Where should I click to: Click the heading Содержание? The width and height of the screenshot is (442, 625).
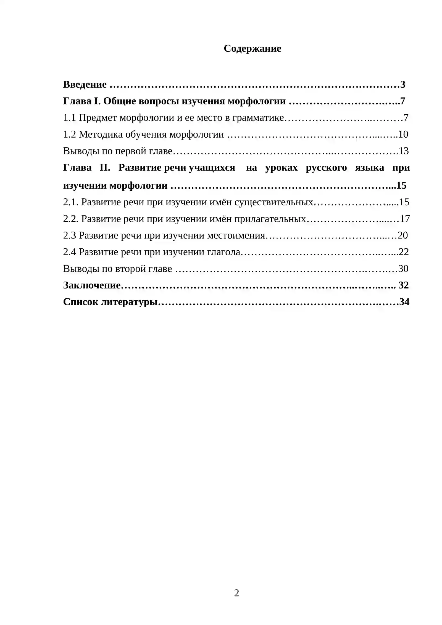pos(252,49)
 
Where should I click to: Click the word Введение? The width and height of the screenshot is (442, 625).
pos(85,84)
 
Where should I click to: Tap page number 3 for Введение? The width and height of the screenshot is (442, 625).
pos(402,84)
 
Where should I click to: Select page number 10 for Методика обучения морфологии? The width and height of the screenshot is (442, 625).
pos(403,134)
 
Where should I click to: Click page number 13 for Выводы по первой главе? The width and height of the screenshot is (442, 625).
pos(404,151)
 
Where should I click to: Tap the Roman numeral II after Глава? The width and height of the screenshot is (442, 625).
pos(105,168)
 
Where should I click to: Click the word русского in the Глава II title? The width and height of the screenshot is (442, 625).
pos(326,168)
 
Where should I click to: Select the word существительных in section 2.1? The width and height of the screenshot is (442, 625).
pos(273,202)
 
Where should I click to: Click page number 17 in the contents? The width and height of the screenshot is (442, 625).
pos(405,219)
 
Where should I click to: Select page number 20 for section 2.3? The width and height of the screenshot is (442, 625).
pos(403,235)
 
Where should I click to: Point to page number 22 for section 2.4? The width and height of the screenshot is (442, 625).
pos(404,252)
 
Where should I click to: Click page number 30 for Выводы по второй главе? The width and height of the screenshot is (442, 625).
pos(403,269)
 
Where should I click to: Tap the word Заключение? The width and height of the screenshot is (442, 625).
pos(92,285)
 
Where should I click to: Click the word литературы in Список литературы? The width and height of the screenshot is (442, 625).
pos(129,302)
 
